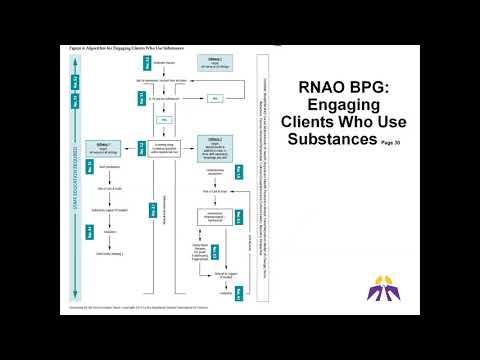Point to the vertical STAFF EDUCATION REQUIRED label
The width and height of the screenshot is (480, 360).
coord(77,180)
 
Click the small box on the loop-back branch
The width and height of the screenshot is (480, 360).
coord(213,98)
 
